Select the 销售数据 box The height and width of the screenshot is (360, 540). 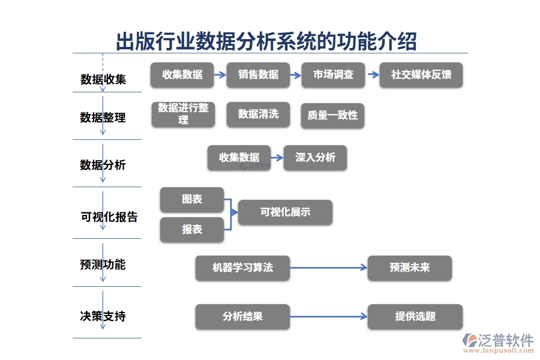pyautogui.click(x=258, y=75)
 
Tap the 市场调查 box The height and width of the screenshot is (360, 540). pyautogui.click(x=334, y=75)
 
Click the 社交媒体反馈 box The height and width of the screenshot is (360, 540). pyautogui.click(x=421, y=75)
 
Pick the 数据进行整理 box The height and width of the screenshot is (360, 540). pyautogui.click(x=183, y=114)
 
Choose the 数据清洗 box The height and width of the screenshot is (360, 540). pyautogui.click(x=258, y=114)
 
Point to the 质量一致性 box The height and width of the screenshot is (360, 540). pyautogui.click(x=332, y=115)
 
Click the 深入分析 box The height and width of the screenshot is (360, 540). pyautogui.click(x=315, y=158)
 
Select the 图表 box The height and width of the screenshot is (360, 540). pyautogui.click(x=192, y=199)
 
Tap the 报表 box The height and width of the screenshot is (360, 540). pyautogui.click(x=192, y=230)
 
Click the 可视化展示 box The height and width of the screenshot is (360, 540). pyautogui.click(x=285, y=212)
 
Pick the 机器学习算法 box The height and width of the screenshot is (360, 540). pyautogui.click(x=242, y=268)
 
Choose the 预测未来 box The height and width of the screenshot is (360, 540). pyautogui.click(x=409, y=268)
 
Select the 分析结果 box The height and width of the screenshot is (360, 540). pyautogui.click(x=242, y=316)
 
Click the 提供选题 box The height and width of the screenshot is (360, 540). pyautogui.click(x=415, y=316)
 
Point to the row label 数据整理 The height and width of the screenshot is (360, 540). pyautogui.click(x=103, y=118)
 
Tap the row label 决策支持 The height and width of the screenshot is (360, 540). pyautogui.click(x=103, y=316)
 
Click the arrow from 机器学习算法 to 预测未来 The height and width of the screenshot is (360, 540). pyautogui.click(x=328, y=268)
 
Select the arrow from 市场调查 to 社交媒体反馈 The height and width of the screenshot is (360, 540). pyautogui.click(x=373, y=75)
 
